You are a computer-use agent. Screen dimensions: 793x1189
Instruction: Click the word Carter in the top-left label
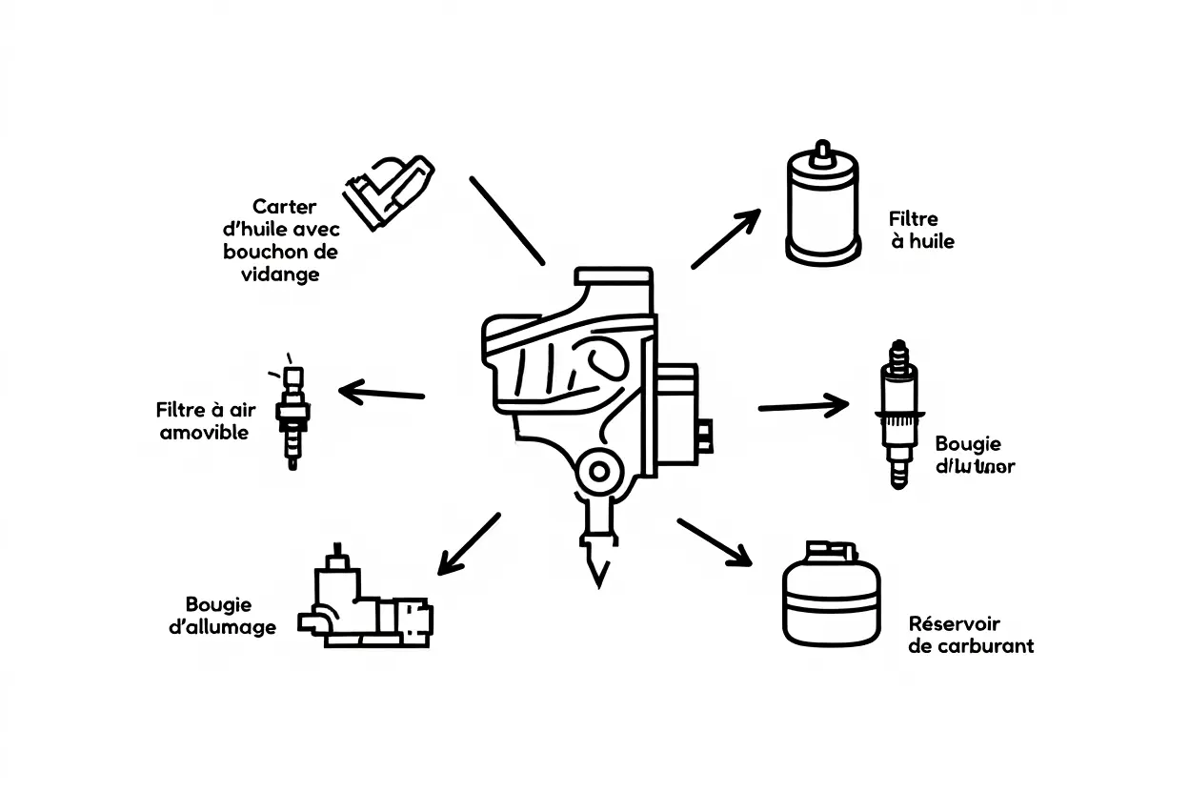tap(284, 207)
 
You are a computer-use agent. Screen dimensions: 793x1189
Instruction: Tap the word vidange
tap(280, 274)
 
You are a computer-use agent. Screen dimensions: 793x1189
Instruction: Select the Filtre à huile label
tap(920, 231)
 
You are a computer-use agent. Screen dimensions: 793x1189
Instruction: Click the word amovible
tap(204, 433)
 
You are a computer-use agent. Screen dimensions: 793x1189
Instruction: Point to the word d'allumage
tap(222, 626)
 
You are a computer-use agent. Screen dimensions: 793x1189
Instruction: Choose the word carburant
tap(984, 646)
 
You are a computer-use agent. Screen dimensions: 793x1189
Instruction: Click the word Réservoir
tap(955, 623)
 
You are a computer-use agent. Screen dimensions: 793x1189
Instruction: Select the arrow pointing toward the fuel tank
tap(715, 541)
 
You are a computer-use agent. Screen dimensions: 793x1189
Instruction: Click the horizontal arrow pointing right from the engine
tap(803, 406)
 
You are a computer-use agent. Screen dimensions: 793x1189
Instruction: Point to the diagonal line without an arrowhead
tap(507, 219)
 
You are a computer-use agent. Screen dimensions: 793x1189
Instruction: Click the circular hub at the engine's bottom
tap(599, 470)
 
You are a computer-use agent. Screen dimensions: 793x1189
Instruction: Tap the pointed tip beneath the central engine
tap(597, 562)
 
